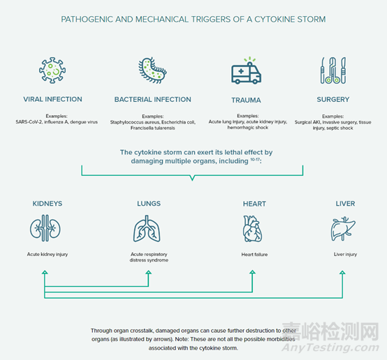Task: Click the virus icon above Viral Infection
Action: pyautogui.click(x=52, y=70)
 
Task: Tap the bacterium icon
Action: pyautogui.click(x=152, y=70)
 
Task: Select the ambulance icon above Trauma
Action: pyautogui.click(x=246, y=70)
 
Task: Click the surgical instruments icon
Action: pyautogui.click(x=333, y=70)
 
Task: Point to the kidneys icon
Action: pyautogui.click(x=45, y=228)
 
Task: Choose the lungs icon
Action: pyautogui.click(x=147, y=229)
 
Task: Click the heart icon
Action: pyautogui.click(x=252, y=229)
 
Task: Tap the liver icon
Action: pyautogui.click(x=343, y=229)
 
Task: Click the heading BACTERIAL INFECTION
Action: pyautogui.click(x=152, y=99)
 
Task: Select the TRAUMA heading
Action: pyautogui.click(x=246, y=100)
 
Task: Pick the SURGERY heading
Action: pyautogui.click(x=333, y=99)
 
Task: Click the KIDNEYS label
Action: pyautogui.click(x=48, y=204)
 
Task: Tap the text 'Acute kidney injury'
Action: pyautogui.click(x=48, y=254)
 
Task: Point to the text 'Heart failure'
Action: pyautogui.click(x=254, y=255)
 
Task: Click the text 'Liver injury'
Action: pyautogui.click(x=345, y=254)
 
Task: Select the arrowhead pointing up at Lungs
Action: pyautogui.click(x=148, y=272)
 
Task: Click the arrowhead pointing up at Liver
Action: pyautogui.click(x=342, y=273)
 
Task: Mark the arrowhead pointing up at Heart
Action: pyautogui.click(x=252, y=272)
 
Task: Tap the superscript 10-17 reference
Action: pyautogui.click(x=255, y=159)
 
